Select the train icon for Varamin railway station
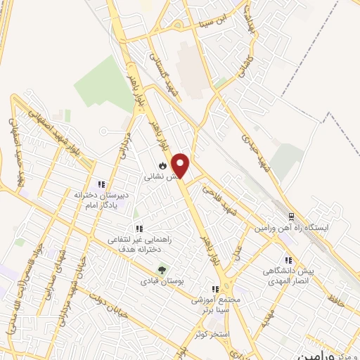pyautogui.click(x=289, y=215)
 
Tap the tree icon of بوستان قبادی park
pyautogui.click(x=162, y=269)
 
